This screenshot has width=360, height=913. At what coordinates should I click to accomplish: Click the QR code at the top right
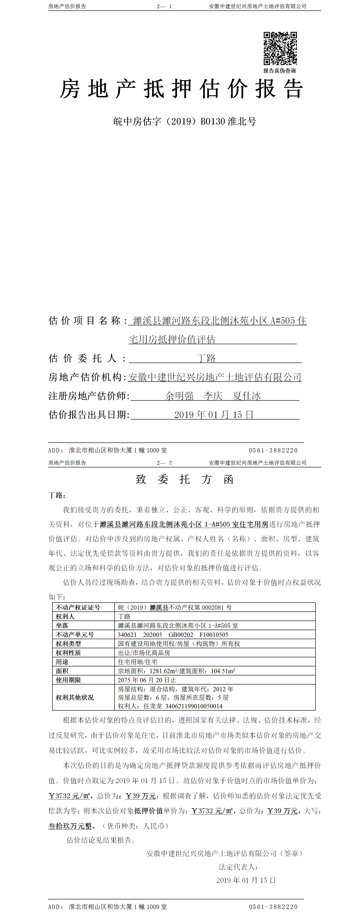280,49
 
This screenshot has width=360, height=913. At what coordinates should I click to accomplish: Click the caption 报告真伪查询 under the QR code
279,71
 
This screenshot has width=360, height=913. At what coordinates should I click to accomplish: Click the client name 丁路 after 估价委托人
206,358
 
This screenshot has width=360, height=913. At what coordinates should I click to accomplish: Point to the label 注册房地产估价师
89,396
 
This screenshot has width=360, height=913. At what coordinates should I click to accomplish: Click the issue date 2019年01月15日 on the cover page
214,415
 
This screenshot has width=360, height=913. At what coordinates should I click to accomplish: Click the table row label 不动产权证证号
78,607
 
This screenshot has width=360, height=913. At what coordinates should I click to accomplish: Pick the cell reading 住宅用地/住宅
137,662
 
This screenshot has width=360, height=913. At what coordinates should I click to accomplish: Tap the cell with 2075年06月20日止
147,680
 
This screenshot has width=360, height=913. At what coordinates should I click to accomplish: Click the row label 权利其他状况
75,697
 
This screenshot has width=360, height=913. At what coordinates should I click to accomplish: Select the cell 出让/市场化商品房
144,653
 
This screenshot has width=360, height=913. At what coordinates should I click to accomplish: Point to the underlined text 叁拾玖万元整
70,826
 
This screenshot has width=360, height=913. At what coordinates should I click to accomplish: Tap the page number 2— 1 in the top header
164,6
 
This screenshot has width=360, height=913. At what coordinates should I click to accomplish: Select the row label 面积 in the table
62,671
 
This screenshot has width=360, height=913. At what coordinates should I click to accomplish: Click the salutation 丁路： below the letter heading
57,495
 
